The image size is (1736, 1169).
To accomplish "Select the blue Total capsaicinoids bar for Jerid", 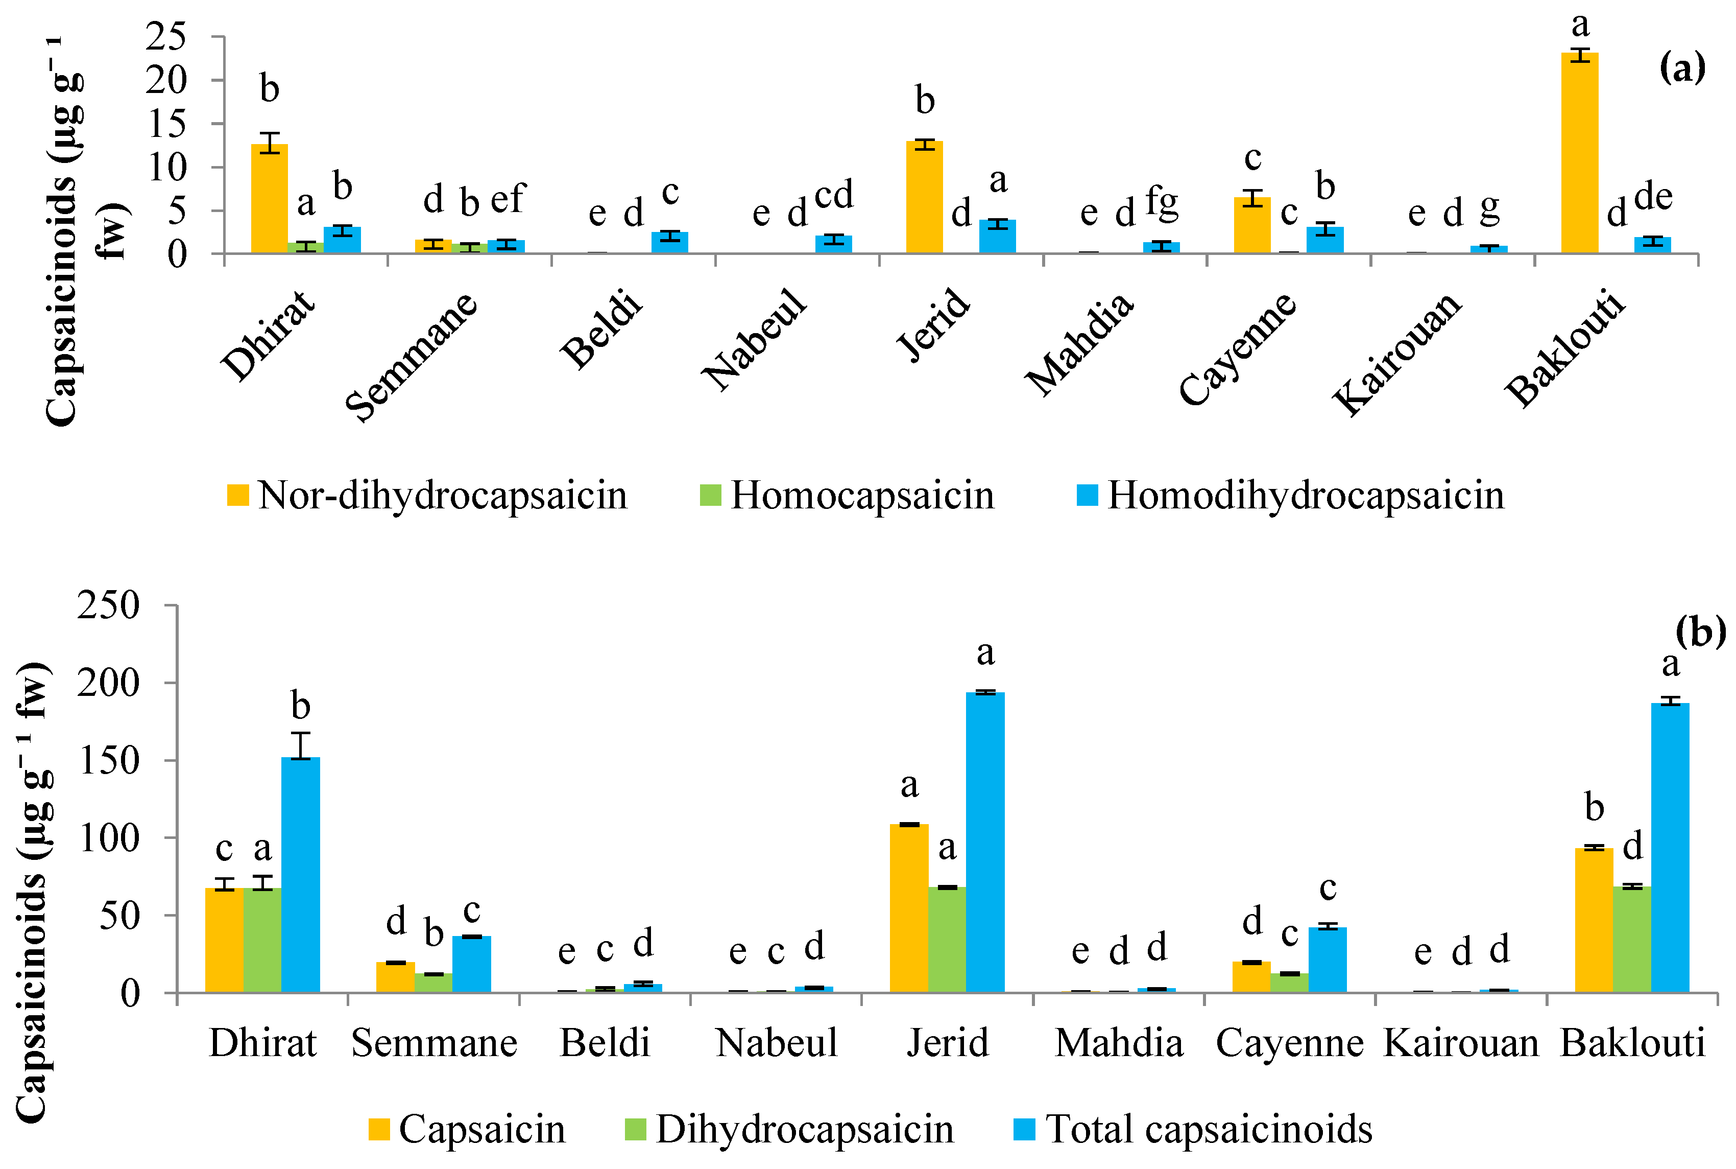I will click(984, 843).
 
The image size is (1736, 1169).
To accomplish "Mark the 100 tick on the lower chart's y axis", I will click(109, 838).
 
